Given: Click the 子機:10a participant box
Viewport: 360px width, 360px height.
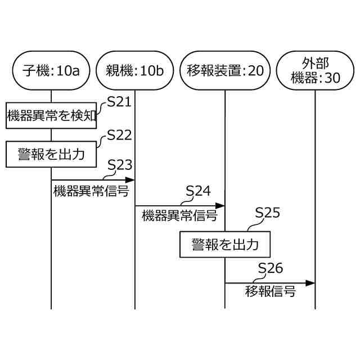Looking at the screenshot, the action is click(x=51, y=70).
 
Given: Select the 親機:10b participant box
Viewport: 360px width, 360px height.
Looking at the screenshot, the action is click(x=135, y=70).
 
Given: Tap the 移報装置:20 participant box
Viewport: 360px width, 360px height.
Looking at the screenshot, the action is click(x=225, y=70).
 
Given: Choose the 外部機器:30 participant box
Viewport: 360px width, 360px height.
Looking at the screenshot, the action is click(x=315, y=70).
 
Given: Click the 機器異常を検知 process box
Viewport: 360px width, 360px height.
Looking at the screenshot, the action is click(x=51, y=116).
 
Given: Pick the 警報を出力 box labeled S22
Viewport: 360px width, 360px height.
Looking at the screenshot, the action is click(x=51, y=154).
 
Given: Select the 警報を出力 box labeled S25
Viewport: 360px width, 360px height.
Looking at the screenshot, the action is click(x=225, y=245).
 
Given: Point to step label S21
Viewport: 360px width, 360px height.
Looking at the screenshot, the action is click(x=119, y=102).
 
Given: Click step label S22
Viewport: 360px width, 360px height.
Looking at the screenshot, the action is click(x=119, y=135).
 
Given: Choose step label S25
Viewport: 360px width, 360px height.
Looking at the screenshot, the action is click(x=267, y=213).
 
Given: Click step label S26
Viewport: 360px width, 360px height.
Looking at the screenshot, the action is click(x=271, y=268).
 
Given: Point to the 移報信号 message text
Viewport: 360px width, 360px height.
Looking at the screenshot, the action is click(x=271, y=292).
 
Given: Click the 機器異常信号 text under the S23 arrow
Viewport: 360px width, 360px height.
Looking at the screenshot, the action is click(x=91, y=191).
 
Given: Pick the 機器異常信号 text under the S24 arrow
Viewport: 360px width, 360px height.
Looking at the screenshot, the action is click(x=179, y=215).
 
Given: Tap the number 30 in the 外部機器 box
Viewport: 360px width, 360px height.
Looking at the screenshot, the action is click(x=332, y=79).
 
